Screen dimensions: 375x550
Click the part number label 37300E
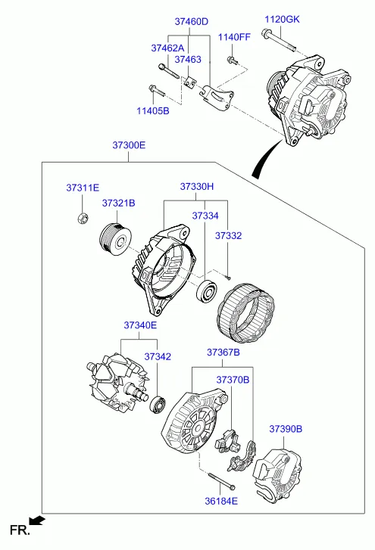click(x=129, y=145)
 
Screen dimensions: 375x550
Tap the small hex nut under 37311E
click(x=83, y=218)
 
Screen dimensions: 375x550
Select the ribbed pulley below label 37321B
click(x=115, y=240)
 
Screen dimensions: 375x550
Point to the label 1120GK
click(x=282, y=19)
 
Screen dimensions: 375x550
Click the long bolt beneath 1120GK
click(x=280, y=40)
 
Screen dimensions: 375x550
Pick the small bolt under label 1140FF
click(x=233, y=61)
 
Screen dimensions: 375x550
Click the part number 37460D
click(x=192, y=22)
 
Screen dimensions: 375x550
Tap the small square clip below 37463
click(x=190, y=82)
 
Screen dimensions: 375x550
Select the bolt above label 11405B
click(x=157, y=91)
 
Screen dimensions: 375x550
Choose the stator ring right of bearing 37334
click(x=246, y=313)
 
